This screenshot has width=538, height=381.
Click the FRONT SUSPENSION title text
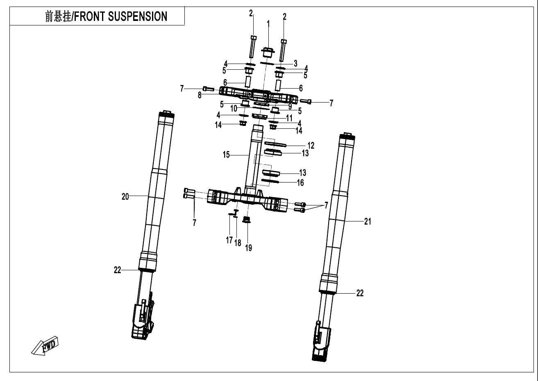coord(106,16)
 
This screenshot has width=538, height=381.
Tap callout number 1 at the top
coord(268,24)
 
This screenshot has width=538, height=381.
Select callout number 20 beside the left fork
coord(125,197)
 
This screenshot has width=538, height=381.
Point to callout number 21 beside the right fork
coord(368,221)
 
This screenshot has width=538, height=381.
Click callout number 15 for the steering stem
coord(227,155)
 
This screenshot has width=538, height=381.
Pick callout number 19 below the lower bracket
coord(248,247)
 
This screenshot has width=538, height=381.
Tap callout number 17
coord(229,240)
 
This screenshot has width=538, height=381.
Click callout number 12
coord(311,145)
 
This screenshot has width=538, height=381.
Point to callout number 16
coord(300,183)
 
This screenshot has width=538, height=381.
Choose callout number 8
coord(200,95)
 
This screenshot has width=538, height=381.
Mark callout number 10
coord(233,109)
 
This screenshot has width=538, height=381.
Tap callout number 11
coord(289,118)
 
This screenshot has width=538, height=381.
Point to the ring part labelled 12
coord(275,144)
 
